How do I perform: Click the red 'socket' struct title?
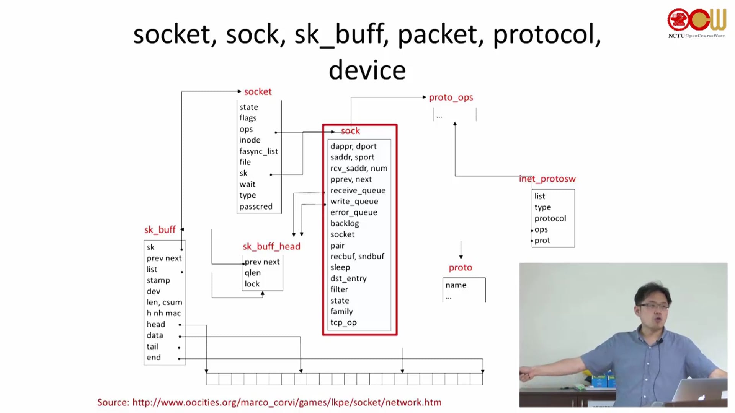258,92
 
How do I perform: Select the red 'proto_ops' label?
451,98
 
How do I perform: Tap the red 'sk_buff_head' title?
271,247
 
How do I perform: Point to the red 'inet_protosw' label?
547,179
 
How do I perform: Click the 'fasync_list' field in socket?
258,151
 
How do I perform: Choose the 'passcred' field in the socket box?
256,206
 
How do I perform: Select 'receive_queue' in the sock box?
358,190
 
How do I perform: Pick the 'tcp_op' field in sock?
343,322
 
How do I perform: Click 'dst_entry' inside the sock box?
348,278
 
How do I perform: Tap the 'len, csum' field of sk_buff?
164,302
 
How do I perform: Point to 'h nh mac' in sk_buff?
163,313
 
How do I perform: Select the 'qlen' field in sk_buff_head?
253,273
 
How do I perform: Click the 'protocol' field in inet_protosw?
550,218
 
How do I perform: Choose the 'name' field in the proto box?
456,285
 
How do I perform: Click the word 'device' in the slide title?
367,70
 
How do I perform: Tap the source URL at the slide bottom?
287,402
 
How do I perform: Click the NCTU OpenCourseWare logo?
696,23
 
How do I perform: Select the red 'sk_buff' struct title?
160,230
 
